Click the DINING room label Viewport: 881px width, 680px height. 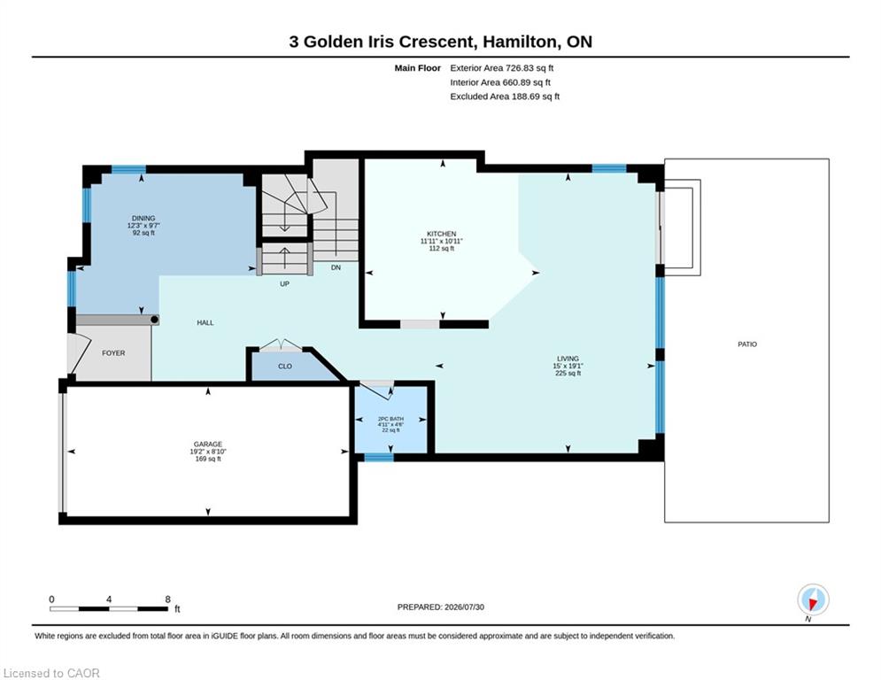point(143,218)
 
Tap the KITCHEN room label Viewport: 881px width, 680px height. point(442,234)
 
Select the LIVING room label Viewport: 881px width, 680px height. point(568,359)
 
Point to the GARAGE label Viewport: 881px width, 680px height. point(208,444)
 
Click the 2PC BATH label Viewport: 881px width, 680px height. point(390,419)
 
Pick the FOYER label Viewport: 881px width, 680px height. point(113,353)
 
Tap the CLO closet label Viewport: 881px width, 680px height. point(285,367)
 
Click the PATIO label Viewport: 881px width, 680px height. point(747,344)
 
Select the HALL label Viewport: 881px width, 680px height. point(205,322)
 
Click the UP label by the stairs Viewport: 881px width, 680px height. point(285,284)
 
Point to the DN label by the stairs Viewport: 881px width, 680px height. point(336,267)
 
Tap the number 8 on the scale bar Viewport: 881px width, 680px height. point(167,599)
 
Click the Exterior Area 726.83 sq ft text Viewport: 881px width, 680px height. point(502,68)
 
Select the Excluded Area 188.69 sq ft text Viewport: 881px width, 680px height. point(505,97)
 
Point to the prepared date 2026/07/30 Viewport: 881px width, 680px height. point(464,607)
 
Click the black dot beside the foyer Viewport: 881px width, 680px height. point(155,320)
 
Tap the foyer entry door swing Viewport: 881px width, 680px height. point(80,354)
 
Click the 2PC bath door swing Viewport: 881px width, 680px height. point(376,390)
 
